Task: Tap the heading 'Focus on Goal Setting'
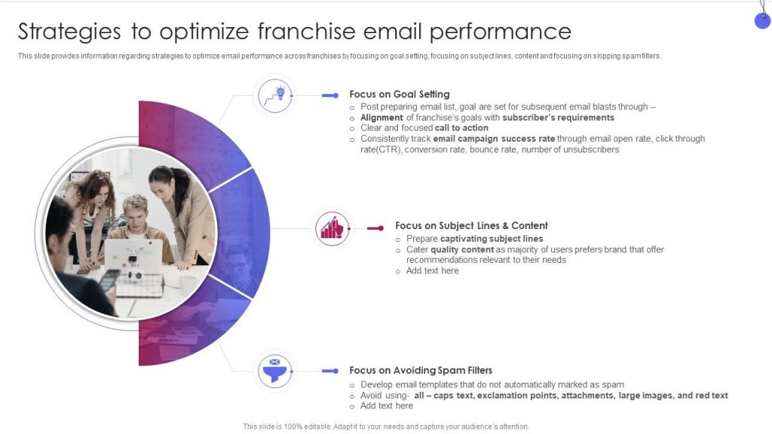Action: coord(400,94)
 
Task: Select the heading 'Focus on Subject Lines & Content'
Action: coord(471,225)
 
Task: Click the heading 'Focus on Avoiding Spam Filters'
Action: coord(421,370)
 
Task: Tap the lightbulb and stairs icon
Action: coord(275,96)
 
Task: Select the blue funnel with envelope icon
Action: coord(274,371)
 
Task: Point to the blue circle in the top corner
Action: coord(763,20)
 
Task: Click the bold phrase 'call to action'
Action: coord(461,128)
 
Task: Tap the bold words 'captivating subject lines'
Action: coord(492,239)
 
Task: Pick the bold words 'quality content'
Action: coord(462,249)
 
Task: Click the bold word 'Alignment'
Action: coord(381,118)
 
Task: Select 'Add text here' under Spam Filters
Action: coord(387,406)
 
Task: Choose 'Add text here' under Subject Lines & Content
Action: coord(432,270)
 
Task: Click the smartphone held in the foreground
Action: coord(109,280)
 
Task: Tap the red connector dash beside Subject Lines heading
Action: coord(375,228)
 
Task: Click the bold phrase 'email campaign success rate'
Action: coord(494,139)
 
